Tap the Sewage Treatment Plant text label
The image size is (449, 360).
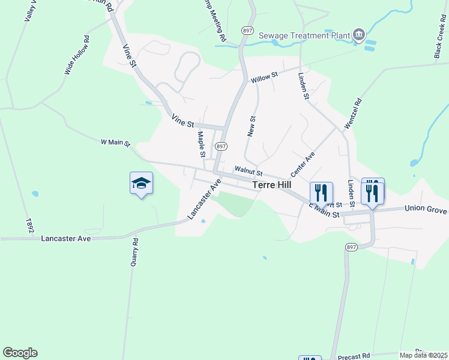(x=304, y=35)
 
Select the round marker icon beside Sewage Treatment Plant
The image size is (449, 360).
(x=359, y=34)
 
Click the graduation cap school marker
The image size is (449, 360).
(x=141, y=183)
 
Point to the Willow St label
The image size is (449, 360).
(x=265, y=77)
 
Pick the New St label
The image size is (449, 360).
(x=252, y=126)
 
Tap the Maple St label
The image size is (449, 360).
(x=202, y=142)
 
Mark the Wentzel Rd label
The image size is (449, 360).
(x=354, y=113)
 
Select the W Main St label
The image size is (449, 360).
(x=115, y=142)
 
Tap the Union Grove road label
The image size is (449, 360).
(x=426, y=209)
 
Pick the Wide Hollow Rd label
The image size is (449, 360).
(x=77, y=55)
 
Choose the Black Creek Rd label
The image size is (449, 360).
(x=439, y=41)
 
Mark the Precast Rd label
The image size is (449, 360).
(x=354, y=356)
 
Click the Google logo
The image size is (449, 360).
(x=20, y=353)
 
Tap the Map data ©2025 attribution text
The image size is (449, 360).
(x=423, y=355)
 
